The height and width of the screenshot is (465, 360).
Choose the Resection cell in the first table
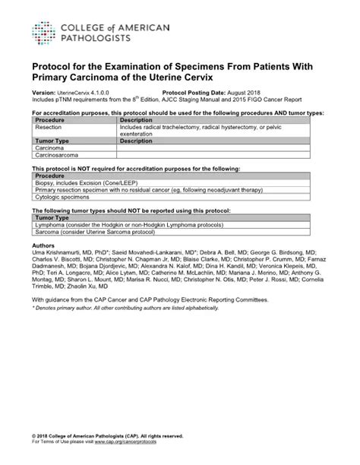49,126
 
